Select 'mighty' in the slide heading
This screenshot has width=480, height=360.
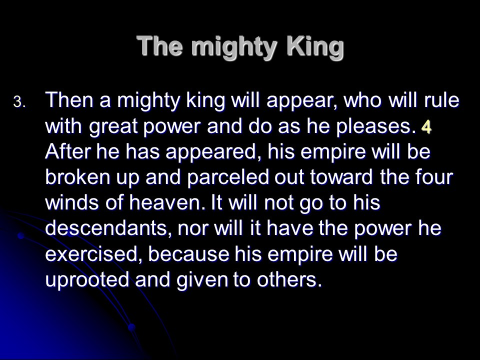(235, 48)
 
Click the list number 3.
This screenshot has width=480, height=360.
(20, 102)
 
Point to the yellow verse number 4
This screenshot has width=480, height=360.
(426, 126)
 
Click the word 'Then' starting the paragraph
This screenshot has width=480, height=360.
(69, 100)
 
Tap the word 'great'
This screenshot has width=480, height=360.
(113, 127)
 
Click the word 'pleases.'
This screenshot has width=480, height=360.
(376, 127)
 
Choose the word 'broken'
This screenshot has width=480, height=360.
(77, 177)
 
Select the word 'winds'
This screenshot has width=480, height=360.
(72, 202)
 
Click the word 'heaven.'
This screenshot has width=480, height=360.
(167, 202)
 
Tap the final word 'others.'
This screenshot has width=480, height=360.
(289, 279)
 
